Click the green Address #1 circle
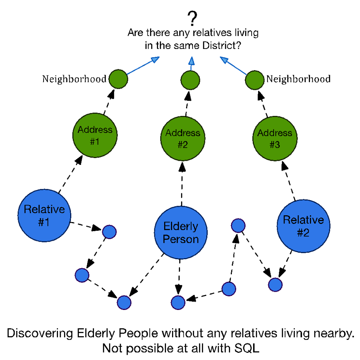tap(95, 135)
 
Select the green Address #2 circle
tap(183, 138)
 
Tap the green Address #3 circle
tap(275, 138)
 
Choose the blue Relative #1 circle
tap(44, 215)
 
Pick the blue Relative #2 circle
tap(304, 226)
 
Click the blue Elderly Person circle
tap(181, 232)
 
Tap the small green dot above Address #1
tap(118, 79)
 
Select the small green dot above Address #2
tap(190, 80)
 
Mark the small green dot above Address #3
tap(255, 80)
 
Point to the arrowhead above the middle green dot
tap(191, 61)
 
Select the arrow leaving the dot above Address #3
tap(233, 65)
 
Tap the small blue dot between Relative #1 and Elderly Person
tap(109, 232)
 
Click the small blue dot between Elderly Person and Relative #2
tap(238, 225)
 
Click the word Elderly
tap(181, 227)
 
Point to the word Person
tap(181, 239)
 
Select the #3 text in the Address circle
tap(275, 145)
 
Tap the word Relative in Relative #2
tap(304, 220)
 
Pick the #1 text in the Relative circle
tap(44, 222)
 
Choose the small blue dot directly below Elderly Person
tap(178, 302)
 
